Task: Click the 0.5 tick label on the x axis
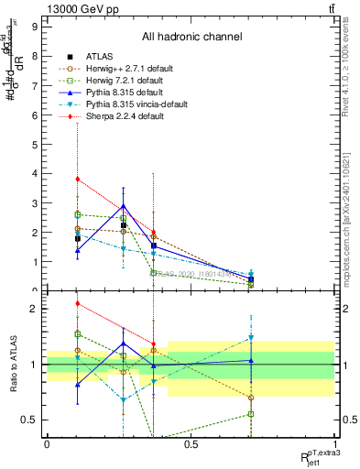pyautogui.click(x=191, y=444)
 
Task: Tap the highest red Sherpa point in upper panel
pyautogui.click(x=78, y=179)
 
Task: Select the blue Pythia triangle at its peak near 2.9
pyautogui.click(x=123, y=206)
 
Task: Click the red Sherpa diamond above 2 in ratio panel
pyautogui.click(x=78, y=303)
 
